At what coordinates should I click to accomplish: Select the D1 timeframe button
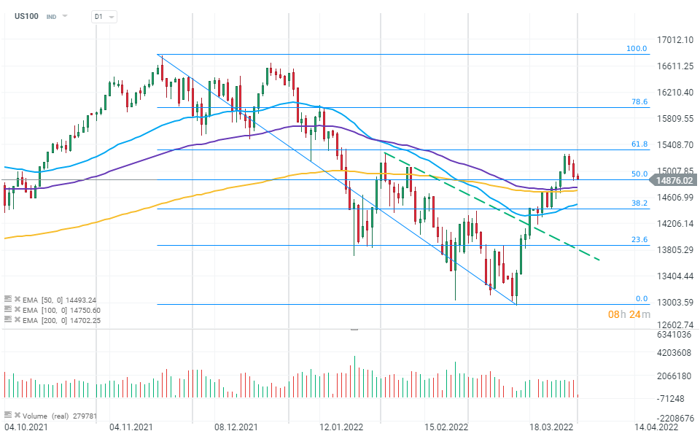tap(98, 16)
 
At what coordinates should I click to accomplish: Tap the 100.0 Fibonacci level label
tap(637, 49)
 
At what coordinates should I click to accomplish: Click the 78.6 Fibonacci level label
tap(639, 102)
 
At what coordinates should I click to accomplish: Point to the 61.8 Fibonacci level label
tap(639, 144)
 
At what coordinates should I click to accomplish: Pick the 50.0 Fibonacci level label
tap(639, 174)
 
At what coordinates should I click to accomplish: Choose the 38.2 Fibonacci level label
tap(639, 203)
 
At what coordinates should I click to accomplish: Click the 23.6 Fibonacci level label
tap(639, 239)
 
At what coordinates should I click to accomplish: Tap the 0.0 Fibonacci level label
tap(641, 298)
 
